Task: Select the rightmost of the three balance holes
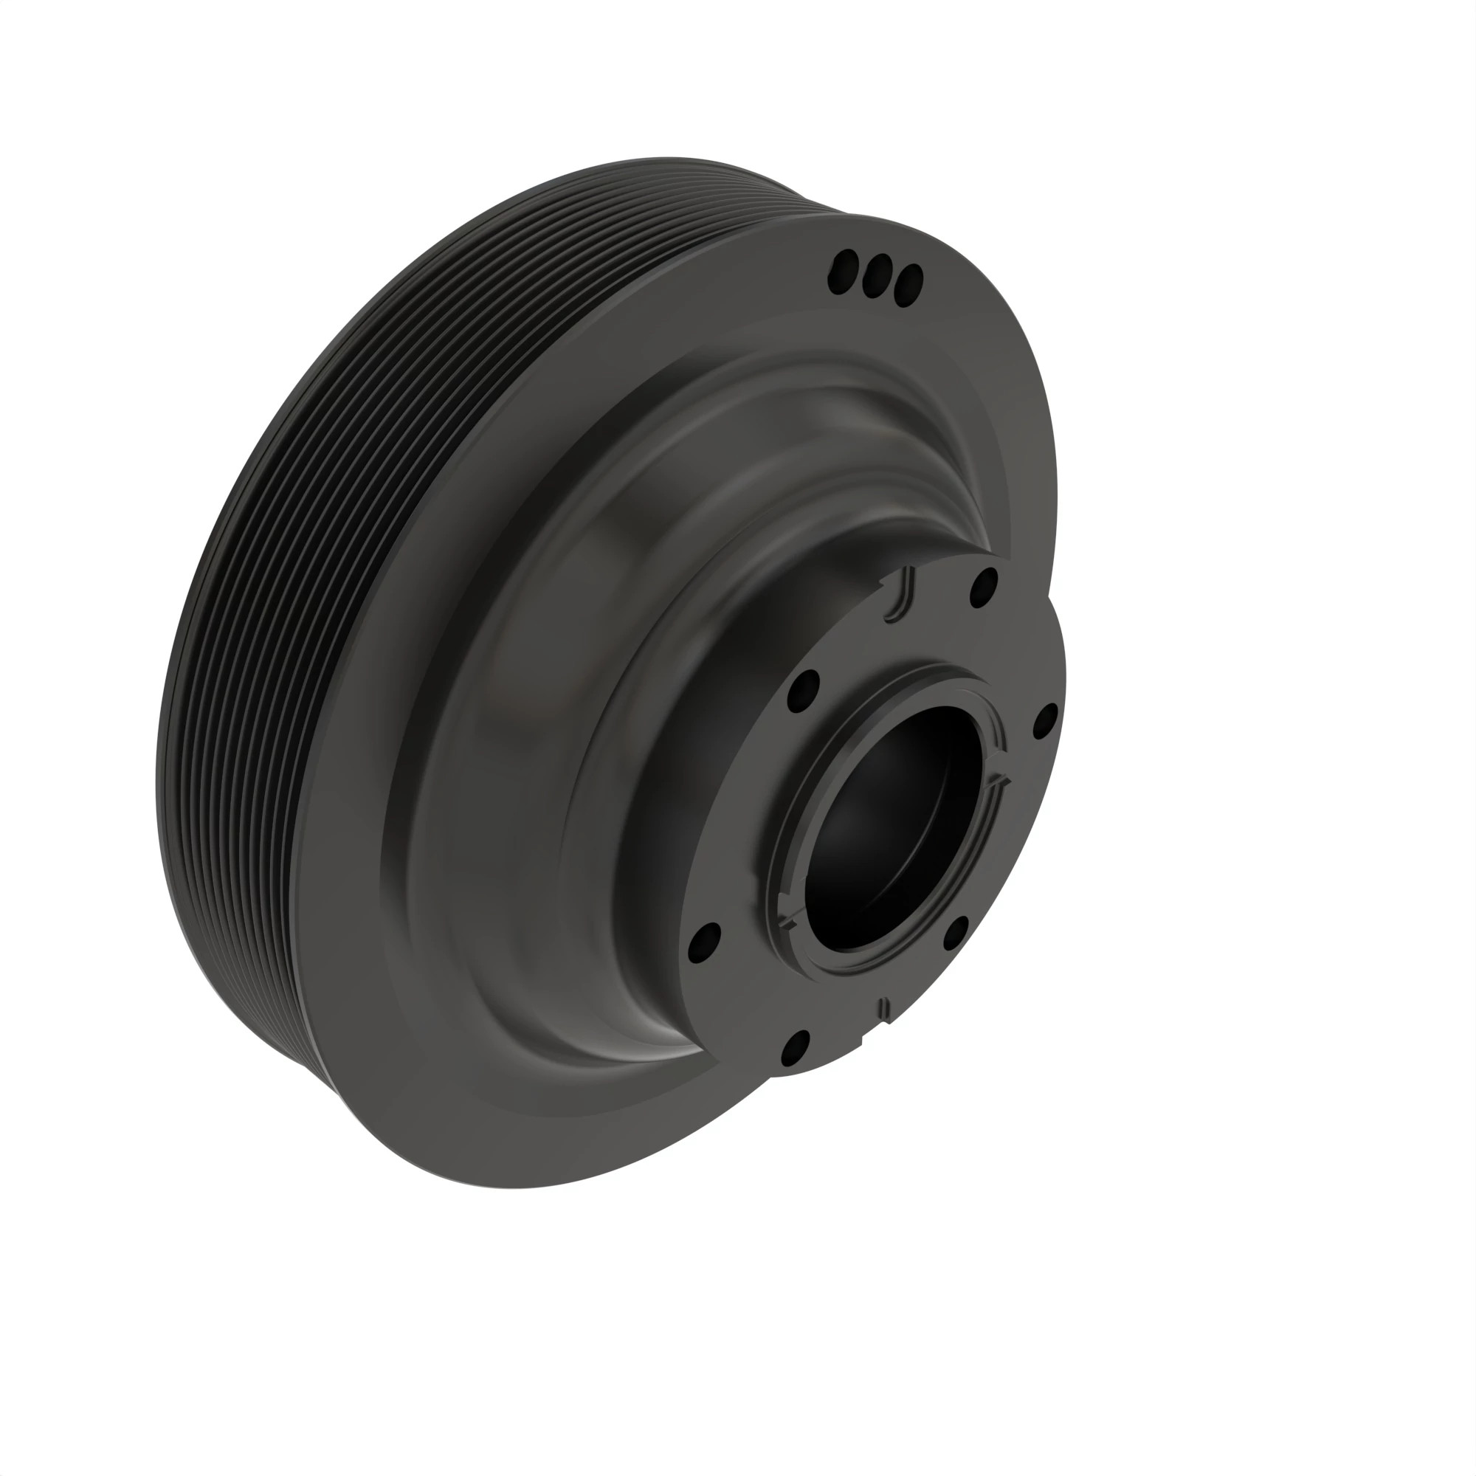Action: pyautogui.click(x=908, y=285)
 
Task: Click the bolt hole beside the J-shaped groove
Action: pyautogui.click(x=984, y=587)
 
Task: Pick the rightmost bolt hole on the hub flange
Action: pyautogui.click(x=1044, y=720)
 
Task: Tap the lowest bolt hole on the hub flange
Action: pyautogui.click(x=796, y=1049)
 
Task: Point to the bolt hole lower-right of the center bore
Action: pyautogui.click(x=955, y=934)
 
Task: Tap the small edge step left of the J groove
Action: pyautogui.click(x=884, y=584)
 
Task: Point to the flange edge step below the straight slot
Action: pyautogui.click(x=862, y=1039)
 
